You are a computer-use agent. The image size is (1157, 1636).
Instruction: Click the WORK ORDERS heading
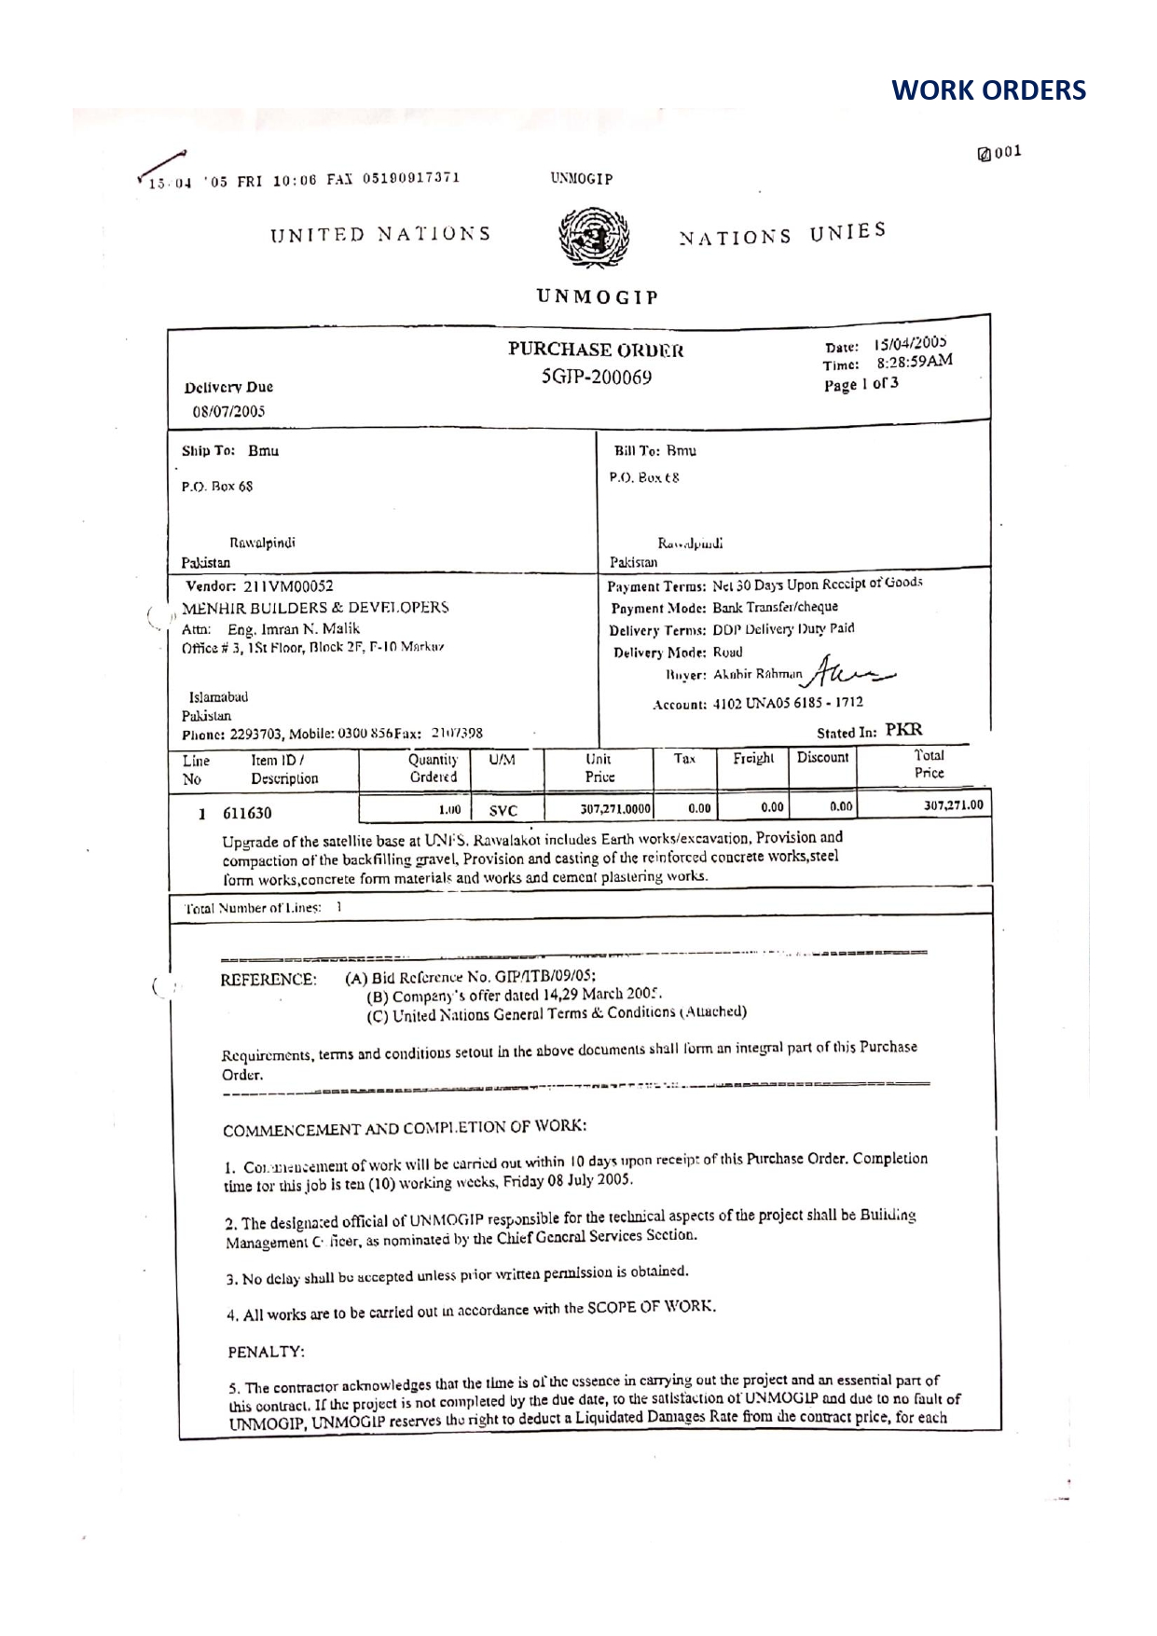pyautogui.click(x=988, y=90)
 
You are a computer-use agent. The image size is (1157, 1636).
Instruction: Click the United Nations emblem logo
pyautogui.click(x=593, y=239)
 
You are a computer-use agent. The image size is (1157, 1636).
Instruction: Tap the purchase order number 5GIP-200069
pyautogui.click(x=597, y=378)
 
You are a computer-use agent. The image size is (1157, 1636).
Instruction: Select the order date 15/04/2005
pyautogui.click(x=911, y=344)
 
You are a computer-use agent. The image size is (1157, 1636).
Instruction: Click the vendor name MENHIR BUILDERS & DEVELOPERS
pyautogui.click(x=315, y=608)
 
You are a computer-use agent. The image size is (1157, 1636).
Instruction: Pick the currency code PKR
pyautogui.click(x=903, y=730)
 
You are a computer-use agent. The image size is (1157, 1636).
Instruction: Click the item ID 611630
pyautogui.click(x=247, y=813)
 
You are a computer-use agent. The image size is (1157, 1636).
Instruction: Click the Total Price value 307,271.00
pyautogui.click(x=953, y=804)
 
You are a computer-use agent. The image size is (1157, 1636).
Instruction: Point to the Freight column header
pyautogui.click(x=753, y=759)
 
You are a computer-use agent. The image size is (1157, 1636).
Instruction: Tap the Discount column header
pyautogui.click(x=822, y=758)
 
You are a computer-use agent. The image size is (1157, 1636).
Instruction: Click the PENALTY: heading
pyautogui.click(x=267, y=1351)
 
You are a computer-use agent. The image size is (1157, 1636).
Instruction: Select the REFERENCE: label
pyautogui.click(x=269, y=980)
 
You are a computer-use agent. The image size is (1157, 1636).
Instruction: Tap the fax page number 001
pyautogui.click(x=1008, y=152)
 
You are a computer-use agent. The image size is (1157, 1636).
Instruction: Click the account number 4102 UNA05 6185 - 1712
pyautogui.click(x=788, y=703)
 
